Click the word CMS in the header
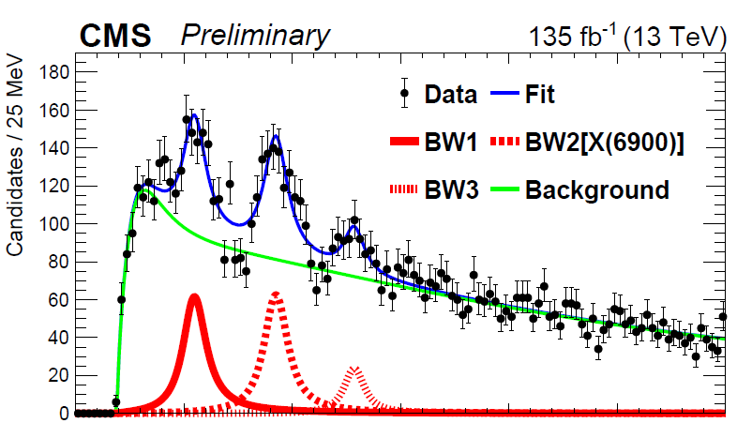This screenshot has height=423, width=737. click(x=115, y=36)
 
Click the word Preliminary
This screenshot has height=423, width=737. click(x=256, y=36)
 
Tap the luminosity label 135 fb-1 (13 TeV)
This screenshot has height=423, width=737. click(x=627, y=36)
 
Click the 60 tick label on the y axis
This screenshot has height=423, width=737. click(x=56, y=299)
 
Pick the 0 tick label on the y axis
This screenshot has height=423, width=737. click(x=62, y=413)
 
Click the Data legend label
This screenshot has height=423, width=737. click(x=452, y=94)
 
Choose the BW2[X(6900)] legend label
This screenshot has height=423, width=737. click(x=604, y=143)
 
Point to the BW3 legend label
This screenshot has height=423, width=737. click(x=450, y=190)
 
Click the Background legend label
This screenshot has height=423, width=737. click(x=597, y=190)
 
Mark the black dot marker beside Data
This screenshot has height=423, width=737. click(x=404, y=93)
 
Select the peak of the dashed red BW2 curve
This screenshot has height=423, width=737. click(x=276, y=294)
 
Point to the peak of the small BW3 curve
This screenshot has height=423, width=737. click(x=354, y=369)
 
